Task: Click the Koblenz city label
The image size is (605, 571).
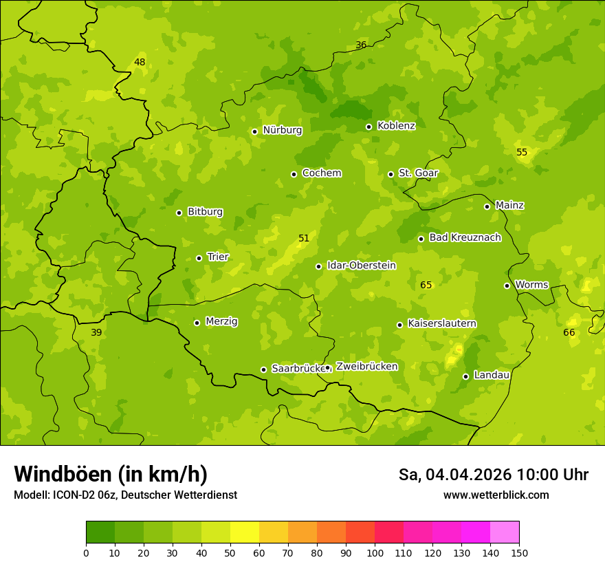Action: pyautogui.click(x=396, y=126)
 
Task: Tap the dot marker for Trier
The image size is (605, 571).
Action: pyautogui.click(x=199, y=258)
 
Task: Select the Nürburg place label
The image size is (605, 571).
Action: pyautogui.click(x=282, y=130)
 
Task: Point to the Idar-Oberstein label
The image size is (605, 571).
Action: pyautogui.click(x=361, y=266)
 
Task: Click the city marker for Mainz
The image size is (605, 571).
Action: pyautogui.click(x=487, y=206)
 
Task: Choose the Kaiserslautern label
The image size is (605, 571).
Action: pyautogui.click(x=442, y=323)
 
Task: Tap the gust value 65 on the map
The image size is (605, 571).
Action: pyautogui.click(x=426, y=285)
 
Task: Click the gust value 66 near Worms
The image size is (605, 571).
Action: pyautogui.click(x=569, y=333)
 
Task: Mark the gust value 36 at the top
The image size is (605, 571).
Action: pyautogui.click(x=361, y=45)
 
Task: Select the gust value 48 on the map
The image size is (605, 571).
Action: pyautogui.click(x=140, y=63)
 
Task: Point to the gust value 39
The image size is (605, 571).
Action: pyautogui.click(x=96, y=333)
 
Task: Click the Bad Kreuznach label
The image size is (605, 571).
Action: pyautogui.click(x=465, y=237)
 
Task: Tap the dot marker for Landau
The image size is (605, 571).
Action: pyautogui.click(x=465, y=376)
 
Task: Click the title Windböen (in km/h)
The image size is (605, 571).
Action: pyautogui.click(x=111, y=474)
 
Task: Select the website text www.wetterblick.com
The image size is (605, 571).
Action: pyautogui.click(x=496, y=495)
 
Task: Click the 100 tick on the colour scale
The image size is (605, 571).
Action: pyautogui.click(x=375, y=552)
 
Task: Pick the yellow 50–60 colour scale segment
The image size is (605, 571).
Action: pyautogui.click(x=245, y=532)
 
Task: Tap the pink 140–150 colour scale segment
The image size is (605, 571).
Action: pyautogui.click(x=505, y=532)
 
